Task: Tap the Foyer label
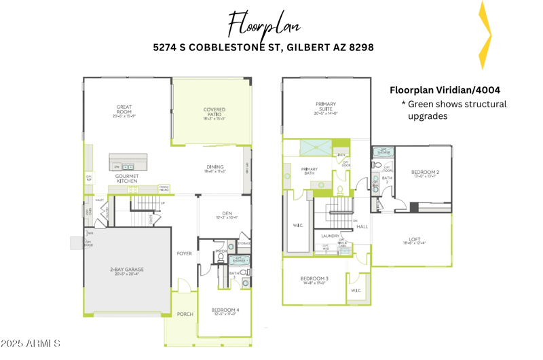tap(184, 253)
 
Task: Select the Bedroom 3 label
tap(314, 280)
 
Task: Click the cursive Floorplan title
tap(264, 25)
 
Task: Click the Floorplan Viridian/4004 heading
tap(445, 90)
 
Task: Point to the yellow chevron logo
tap(484, 35)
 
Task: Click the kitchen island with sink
tap(128, 163)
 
